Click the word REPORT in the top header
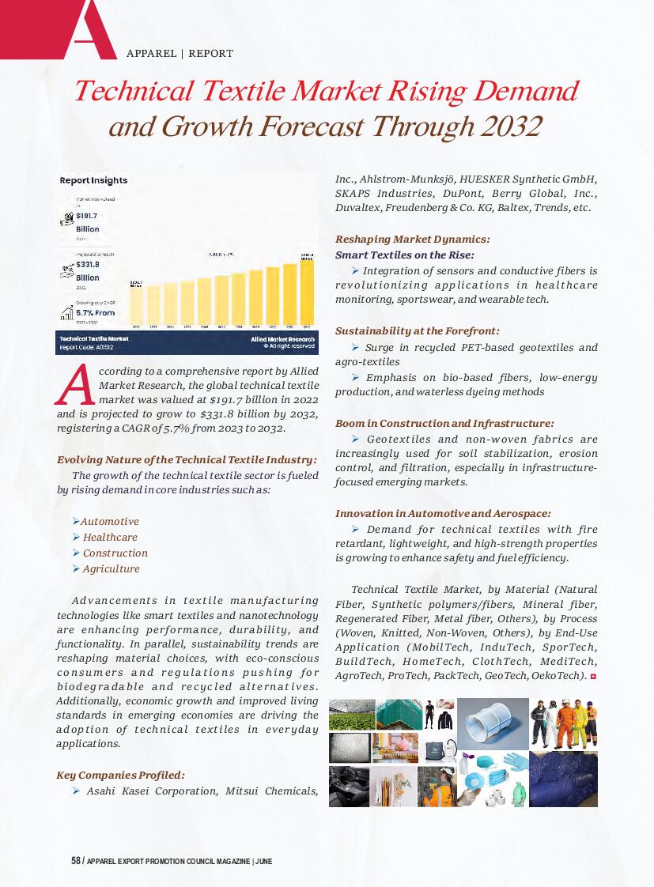tap(210, 54)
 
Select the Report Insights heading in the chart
tap(93, 180)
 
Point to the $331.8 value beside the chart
tap(88, 265)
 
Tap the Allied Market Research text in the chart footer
tap(282, 338)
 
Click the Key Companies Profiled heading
tap(120, 776)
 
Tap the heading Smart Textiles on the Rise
tap(405, 255)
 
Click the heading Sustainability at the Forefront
tap(417, 331)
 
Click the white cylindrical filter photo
tap(492, 723)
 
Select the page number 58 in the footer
tap(76, 861)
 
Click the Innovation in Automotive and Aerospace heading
tap(443, 514)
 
